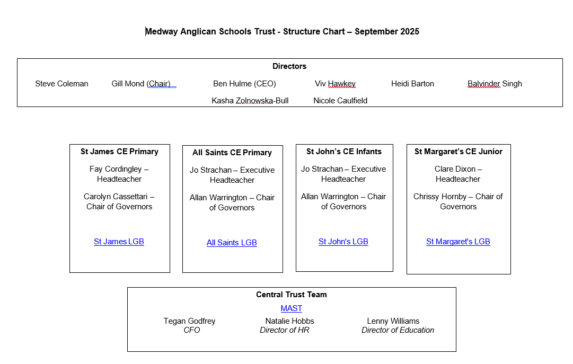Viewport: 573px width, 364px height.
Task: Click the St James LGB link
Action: (x=119, y=242)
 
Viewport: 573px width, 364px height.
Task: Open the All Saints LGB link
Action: (x=232, y=243)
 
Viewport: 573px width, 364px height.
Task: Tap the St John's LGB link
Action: (x=343, y=242)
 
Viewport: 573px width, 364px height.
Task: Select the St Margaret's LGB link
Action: (x=458, y=242)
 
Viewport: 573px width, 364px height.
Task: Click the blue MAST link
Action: (x=291, y=308)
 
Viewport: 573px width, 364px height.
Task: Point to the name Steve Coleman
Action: (x=61, y=84)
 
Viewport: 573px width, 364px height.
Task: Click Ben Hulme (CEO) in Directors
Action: (x=244, y=84)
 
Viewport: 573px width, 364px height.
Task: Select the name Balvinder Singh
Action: (x=495, y=84)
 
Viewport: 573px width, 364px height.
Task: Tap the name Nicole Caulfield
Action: (x=340, y=101)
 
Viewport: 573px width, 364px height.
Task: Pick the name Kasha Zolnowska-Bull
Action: (x=250, y=101)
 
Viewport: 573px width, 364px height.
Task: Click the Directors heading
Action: (x=289, y=66)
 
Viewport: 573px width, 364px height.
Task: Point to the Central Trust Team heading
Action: (x=291, y=295)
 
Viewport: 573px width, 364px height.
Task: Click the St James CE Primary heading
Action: (x=119, y=152)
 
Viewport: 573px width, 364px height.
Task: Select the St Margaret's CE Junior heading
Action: (x=458, y=152)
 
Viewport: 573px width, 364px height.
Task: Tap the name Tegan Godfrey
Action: (x=189, y=321)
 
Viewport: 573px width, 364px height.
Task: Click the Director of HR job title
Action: (x=284, y=330)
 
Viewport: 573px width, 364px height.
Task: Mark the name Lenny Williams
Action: (x=393, y=321)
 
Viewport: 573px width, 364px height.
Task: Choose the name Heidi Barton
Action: (x=412, y=84)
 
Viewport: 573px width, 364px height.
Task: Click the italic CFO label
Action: (x=191, y=330)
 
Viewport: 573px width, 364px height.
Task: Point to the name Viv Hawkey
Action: (x=335, y=84)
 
